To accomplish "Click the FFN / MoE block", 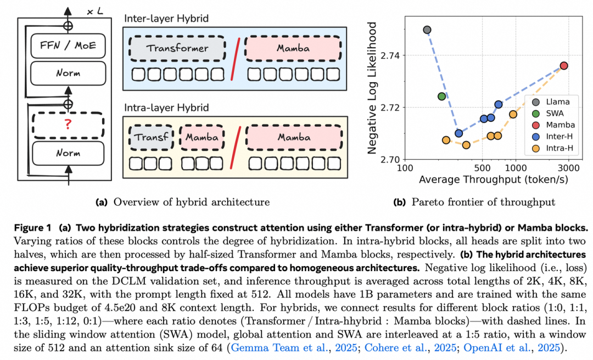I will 68,46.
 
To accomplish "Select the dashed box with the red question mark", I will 68,125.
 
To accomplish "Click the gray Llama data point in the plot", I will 427,30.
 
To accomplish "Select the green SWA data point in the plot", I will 442,97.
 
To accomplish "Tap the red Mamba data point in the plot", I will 563,66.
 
